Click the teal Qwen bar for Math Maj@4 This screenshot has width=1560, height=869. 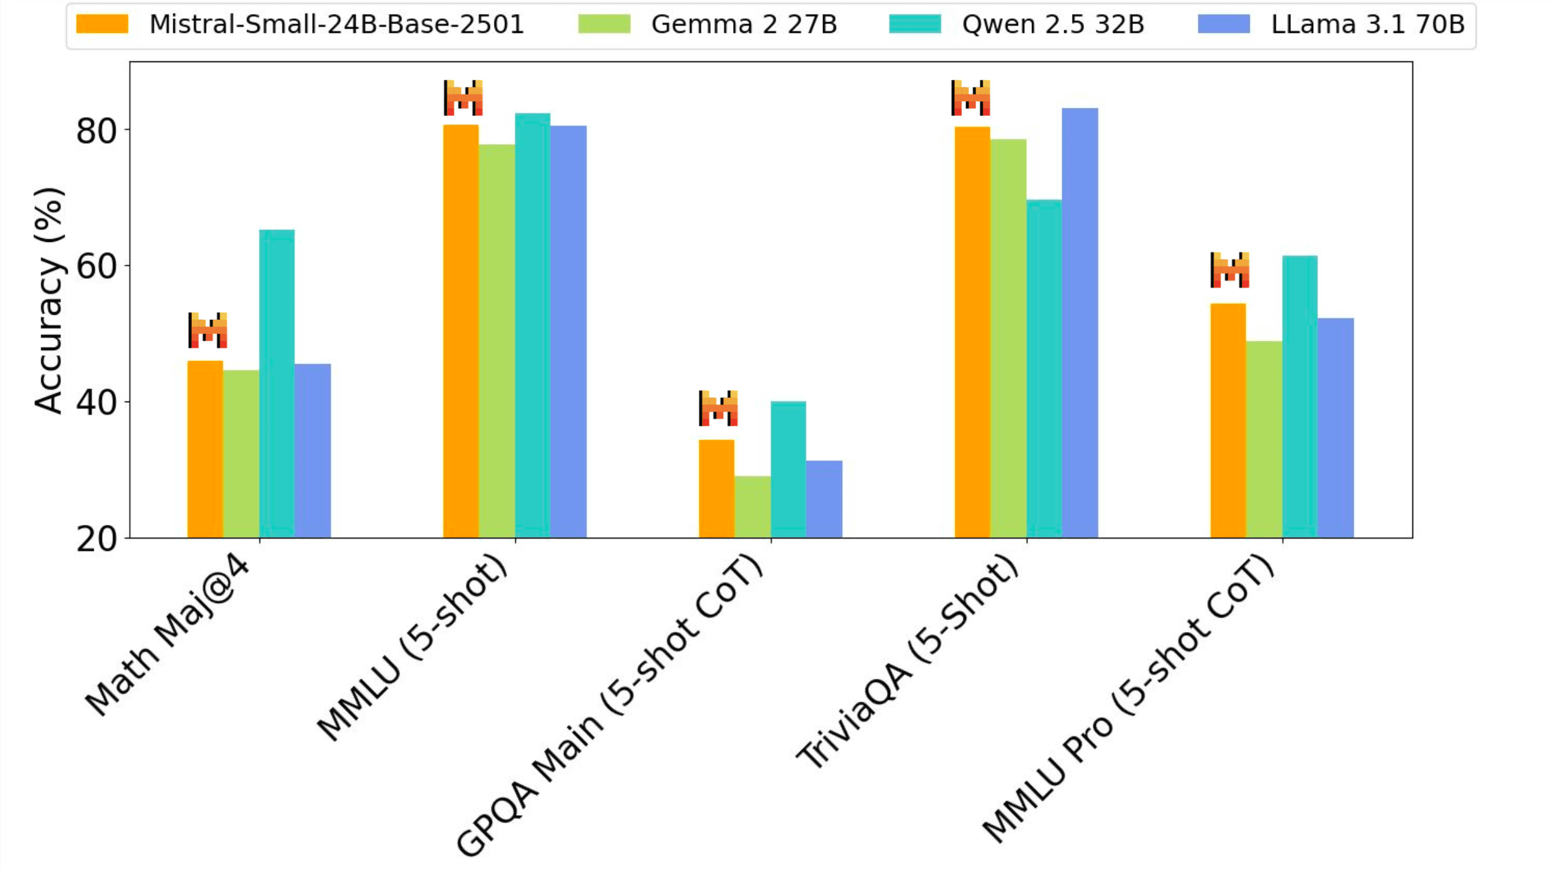(x=277, y=383)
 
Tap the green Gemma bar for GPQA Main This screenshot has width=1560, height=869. (x=752, y=507)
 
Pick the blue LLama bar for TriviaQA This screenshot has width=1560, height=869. (x=1079, y=323)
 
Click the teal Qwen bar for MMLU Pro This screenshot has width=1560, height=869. (x=1300, y=396)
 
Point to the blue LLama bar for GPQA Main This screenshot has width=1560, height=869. (x=824, y=499)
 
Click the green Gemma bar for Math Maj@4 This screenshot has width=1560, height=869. (x=241, y=454)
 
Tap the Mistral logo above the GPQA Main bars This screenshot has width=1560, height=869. (x=718, y=408)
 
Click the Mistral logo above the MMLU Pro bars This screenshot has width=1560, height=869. (x=1230, y=270)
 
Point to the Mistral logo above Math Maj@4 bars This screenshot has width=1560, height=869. (x=208, y=330)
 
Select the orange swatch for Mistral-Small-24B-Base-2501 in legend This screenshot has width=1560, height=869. (x=102, y=25)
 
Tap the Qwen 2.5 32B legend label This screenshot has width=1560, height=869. (x=1053, y=25)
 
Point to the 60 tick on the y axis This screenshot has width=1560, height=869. (x=96, y=266)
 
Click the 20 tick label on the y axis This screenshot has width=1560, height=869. (x=96, y=540)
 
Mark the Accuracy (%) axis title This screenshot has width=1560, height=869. (x=49, y=300)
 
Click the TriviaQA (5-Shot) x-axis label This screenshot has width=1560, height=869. (x=909, y=662)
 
